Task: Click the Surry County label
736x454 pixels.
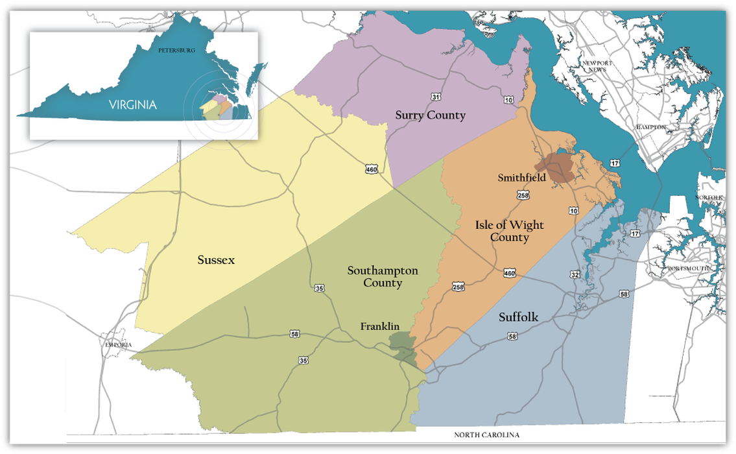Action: tap(431, 115)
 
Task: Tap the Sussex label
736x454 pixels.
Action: tap(216, 260)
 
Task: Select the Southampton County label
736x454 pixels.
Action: tap(382, 276)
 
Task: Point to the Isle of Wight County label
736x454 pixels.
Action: tap(509, 231)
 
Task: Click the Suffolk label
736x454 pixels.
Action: tap(519, 317)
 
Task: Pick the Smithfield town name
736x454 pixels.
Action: tap(521, 177)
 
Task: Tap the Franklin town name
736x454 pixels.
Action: tap(379, 327)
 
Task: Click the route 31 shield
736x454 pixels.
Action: tap(436, 97)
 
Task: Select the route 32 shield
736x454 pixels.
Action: tap(575, 274)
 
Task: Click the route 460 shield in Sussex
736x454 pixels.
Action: tap(371, 169)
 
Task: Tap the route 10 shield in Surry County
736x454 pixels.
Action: tap(508, 99)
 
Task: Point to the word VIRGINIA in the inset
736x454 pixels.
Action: tap(132, 104)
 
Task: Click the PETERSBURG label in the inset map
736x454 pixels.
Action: tap(176, 50)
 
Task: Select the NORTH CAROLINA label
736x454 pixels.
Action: tap(486, 435)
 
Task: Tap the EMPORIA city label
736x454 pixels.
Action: tap(119, 344)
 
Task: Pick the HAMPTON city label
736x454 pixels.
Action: tap(650, 127)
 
